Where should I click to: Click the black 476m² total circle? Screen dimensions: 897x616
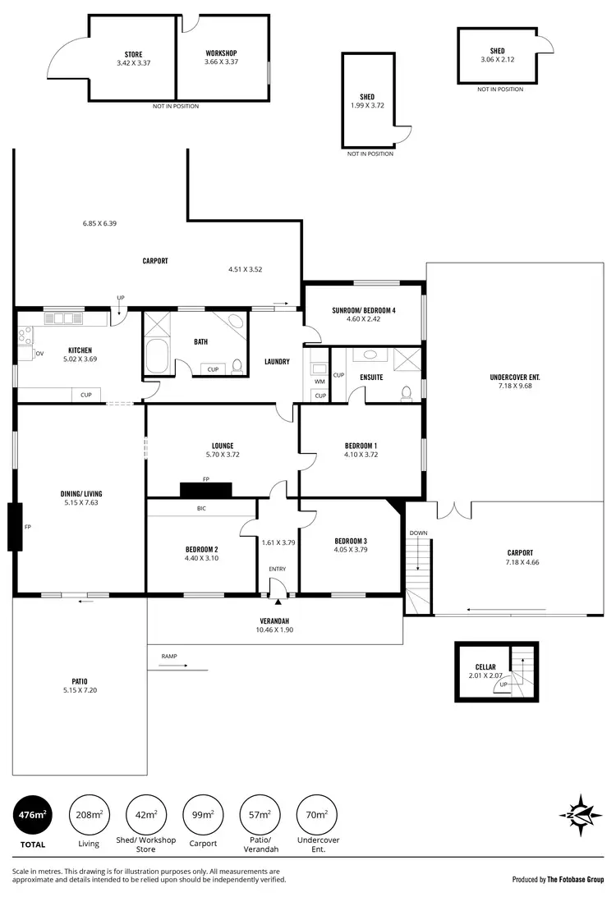pyautogui.click(x=32, y=815)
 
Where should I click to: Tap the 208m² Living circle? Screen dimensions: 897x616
pyautogui.click(x=89, y=815)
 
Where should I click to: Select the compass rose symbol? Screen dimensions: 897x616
pyautogui.click(x=581, y=815)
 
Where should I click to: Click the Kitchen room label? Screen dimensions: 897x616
pyautogui.click(x=80, y=350)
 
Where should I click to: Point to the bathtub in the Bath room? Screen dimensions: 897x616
pyautogui.click(x=155, y=357)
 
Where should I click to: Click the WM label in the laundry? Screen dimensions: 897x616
pyautogui.click(x=319, y=381)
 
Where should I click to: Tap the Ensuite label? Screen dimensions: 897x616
pyautogui.click(x=370, y=378)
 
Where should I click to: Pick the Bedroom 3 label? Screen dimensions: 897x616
pyautogui.click(x=351, y=540)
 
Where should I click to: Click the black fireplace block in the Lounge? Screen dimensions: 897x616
pyautogui.click(x=206, y=490)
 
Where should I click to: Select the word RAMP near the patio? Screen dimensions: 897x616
pyautogui.click(x=168, y=657)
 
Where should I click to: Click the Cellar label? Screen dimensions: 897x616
pyautogui.click(x=485, y=667)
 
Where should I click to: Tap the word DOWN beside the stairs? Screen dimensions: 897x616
pyautogui.click(x=418, y=533)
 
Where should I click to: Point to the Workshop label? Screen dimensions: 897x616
pyautogui.click(x=221, y=53)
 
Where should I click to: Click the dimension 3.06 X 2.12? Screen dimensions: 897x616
pyautogui.click(x=497, y=60)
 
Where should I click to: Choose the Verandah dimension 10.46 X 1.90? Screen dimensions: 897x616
pyautogui.click(x=275, y=630)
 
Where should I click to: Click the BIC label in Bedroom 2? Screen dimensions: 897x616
pyautogui.click(x=201, y=509)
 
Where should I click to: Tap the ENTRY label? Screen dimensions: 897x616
pyautogui.click(x=278, y=569)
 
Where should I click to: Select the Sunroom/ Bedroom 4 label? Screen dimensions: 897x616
pyautogui.click(x=364, y=310)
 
